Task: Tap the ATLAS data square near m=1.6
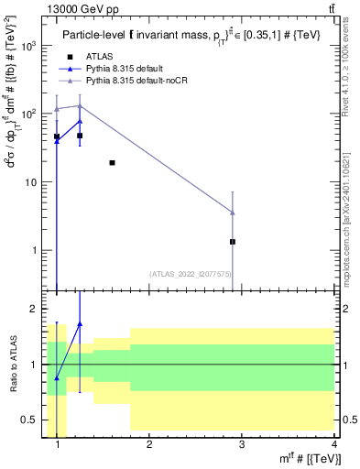click(112, 163)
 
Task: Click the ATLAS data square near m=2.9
click(233, 242)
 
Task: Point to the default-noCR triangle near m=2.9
click(233, 213)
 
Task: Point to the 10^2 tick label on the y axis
click(27, 114)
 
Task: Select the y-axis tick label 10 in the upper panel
click(29, 182)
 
